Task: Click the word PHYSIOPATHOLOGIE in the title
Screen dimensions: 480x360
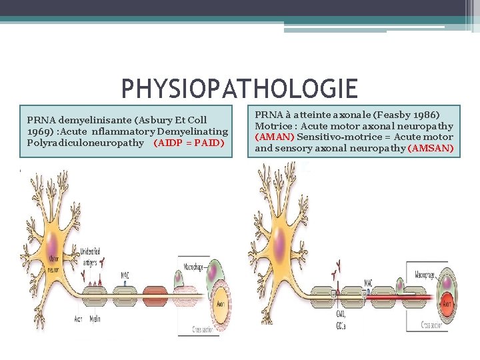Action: click(239, 89)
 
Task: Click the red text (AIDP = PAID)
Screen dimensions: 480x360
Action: click(189, 143)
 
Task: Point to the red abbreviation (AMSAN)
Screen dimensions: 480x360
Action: click(430, 148)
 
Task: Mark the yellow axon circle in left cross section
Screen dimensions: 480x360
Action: click(222, 305)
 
